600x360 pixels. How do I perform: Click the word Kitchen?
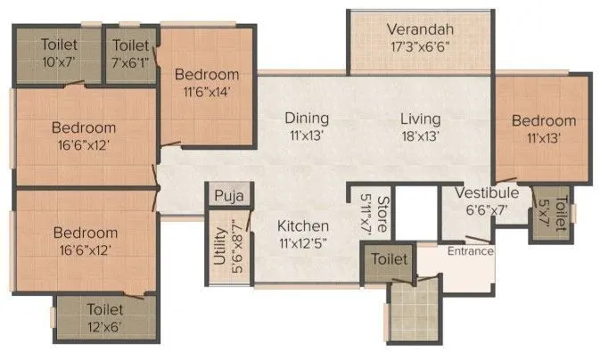tap(302, 226)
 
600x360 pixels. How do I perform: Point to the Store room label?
tap(382, 213)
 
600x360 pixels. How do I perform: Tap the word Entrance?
tap(471, 251)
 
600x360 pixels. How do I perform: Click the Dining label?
tap(307, 118)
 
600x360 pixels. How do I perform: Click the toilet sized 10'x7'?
tap(58, 53)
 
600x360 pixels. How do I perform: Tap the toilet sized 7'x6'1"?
tap(130, 53)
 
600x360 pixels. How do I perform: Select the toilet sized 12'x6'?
tap(107, 318)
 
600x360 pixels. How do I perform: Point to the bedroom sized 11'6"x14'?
tap(206, 83)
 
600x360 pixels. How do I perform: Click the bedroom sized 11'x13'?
tap(543, 130)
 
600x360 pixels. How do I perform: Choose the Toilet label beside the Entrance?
tap(390, 259)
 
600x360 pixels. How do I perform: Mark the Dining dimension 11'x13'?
tap(307, 136)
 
